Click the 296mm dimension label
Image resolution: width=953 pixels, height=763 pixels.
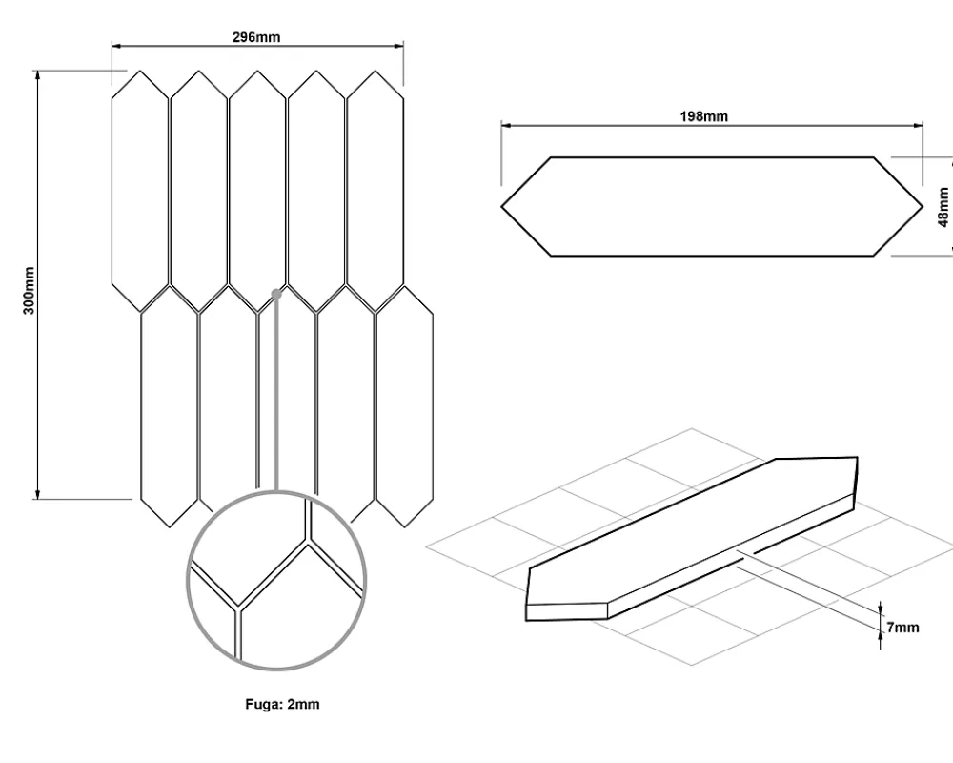point(256,37)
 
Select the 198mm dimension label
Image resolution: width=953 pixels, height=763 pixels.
point(704,116)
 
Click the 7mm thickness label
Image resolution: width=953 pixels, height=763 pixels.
point(902,627)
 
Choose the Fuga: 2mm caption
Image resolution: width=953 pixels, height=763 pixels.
point(282,704)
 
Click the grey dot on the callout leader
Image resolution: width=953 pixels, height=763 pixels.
point(276,294)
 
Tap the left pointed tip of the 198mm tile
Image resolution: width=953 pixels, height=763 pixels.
point(502,207)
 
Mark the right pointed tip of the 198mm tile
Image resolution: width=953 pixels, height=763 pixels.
point(922,207)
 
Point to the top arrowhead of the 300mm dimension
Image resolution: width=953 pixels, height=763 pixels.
point(38,75)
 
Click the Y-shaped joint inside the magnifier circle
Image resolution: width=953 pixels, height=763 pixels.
point(239,608)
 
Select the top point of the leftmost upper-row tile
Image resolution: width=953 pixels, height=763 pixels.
point(140,71)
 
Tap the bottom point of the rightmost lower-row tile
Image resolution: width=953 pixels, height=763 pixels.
point(405,526)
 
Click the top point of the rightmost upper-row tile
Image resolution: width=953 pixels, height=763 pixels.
point(375,71)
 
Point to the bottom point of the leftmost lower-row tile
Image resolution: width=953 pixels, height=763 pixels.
point(170,526)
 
